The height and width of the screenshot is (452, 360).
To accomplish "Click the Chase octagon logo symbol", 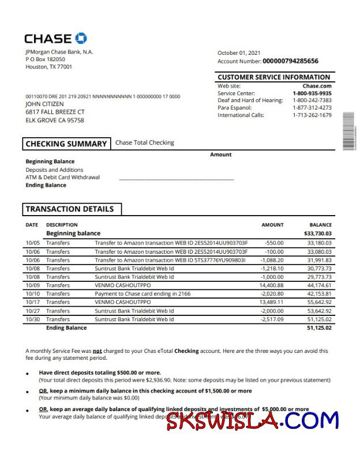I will coord(81,39).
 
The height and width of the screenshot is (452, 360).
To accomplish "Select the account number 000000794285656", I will coord(290,61).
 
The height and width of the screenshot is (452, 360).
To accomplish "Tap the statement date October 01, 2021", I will coord(239,53).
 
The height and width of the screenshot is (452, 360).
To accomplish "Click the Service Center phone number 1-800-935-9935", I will coord(312,93).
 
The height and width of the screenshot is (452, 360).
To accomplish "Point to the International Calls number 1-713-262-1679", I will coord(312,115).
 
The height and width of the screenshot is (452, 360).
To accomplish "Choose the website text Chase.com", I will coord(317,86).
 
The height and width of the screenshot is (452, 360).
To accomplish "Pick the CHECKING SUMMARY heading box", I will coord(66,144).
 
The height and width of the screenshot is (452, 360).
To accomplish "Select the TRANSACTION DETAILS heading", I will coord(70,209).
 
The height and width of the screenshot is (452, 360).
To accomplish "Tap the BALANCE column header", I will coord(320,225).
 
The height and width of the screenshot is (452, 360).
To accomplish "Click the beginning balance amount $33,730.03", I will coord(318,233).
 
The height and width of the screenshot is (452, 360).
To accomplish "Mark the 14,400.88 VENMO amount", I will coord(271,285).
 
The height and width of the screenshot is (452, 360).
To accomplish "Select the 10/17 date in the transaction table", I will coord(32,302).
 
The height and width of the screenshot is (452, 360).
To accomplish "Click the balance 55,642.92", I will coord(319,302).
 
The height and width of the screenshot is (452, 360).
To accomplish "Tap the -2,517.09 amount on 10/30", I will coord(270,319).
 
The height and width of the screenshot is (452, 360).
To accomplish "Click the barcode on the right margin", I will coord(348,131).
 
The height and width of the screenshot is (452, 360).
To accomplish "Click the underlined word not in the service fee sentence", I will coord(97,351).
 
